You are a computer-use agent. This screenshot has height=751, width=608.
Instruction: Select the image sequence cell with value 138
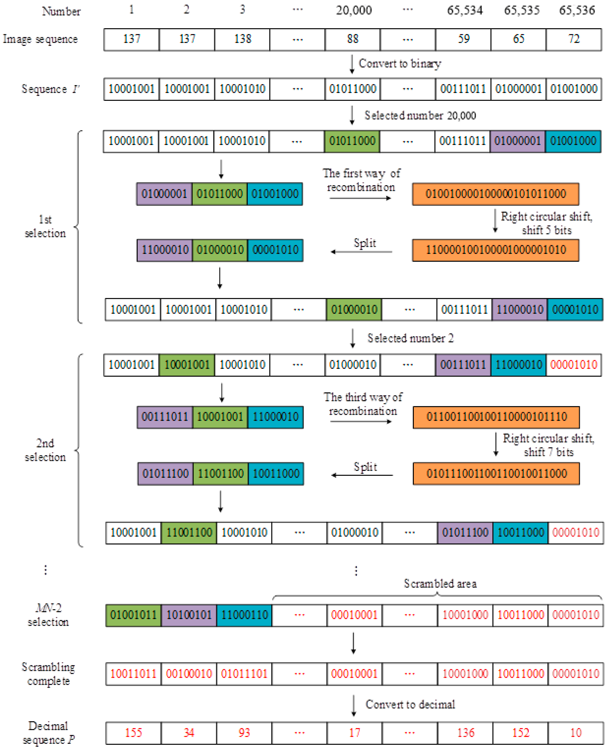[x=242, y=39]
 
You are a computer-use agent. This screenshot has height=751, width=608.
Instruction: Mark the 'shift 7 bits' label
[x=548, y=452]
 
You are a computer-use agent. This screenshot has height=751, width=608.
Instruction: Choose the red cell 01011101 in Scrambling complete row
[x=244, y=674]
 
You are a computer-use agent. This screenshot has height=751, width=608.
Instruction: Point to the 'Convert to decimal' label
[x=410, y=704]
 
